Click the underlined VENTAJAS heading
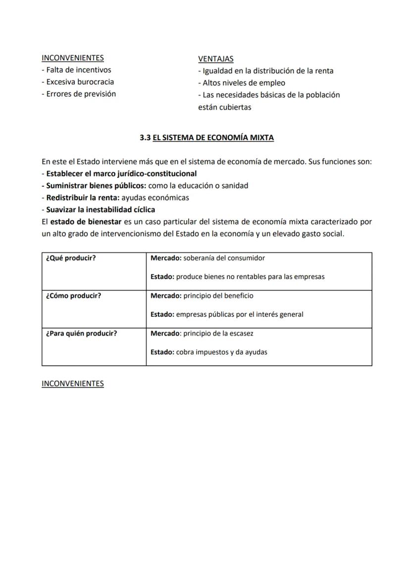click(x=215, y=59)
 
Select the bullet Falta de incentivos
click(x=76, y=70)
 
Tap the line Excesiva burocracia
click(x=78, y=82)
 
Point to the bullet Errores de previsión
click(x=79, y=94)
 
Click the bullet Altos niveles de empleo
click(x=242, y=83)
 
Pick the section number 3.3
click(x=145, y=138)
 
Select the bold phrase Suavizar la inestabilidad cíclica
click(x=101, y=209)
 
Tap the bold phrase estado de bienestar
click(x=86, y=222)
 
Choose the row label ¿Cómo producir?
click(x=73, y=296)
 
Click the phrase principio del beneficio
click(x=218, y=296)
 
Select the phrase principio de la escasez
click(x=218, y=334)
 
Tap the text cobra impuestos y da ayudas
click(x=221, y=352)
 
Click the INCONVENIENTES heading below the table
click(x=73, y=384)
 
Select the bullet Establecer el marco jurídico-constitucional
click(x=121, y=173)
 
